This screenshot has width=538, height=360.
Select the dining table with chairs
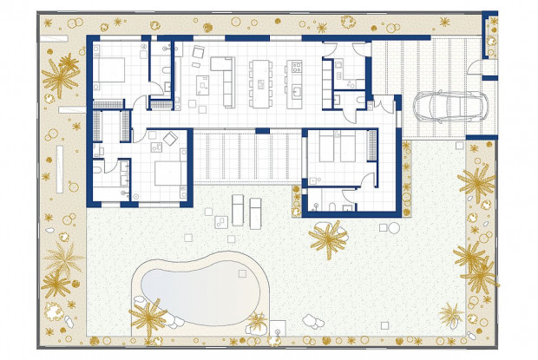(261, 81)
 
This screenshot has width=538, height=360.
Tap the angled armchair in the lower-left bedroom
(171, 139)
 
